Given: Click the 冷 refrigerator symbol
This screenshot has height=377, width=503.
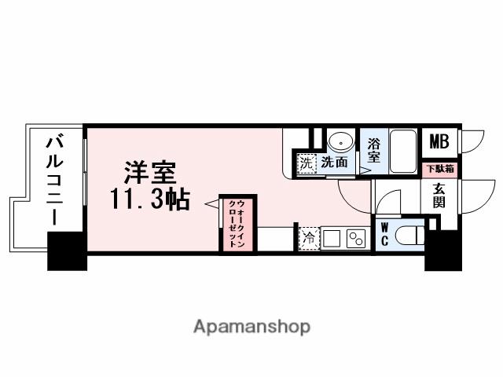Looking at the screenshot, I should [308, 238].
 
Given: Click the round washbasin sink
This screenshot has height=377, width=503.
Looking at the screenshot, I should [340, 142].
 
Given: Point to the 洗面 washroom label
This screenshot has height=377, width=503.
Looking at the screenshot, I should [334, 163].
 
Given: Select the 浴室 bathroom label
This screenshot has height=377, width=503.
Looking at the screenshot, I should [374, 149].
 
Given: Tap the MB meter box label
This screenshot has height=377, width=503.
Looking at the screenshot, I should [438, 141].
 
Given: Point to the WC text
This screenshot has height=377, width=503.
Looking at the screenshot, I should [385, 234].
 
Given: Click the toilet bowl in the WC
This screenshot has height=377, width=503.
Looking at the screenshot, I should [409, 235].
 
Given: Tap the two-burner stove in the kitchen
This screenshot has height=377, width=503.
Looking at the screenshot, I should [356, 238].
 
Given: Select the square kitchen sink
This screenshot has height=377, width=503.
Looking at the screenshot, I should [330, 238].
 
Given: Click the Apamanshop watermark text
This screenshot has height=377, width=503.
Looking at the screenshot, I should [251, 326].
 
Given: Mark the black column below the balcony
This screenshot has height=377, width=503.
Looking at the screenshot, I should [67, 251].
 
